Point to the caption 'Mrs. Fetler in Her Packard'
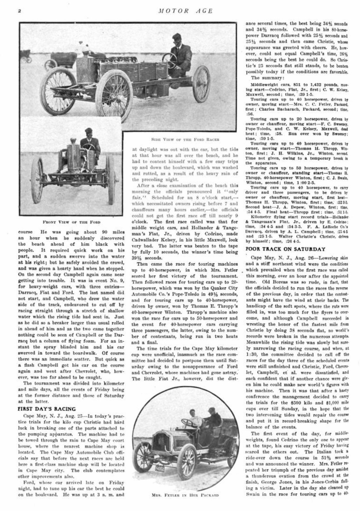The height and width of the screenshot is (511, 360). (186, 495)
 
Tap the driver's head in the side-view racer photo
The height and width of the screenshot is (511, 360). (177, 38)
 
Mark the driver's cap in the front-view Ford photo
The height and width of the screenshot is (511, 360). (88, 131)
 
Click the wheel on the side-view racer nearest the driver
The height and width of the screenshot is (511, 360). (201, 83)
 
